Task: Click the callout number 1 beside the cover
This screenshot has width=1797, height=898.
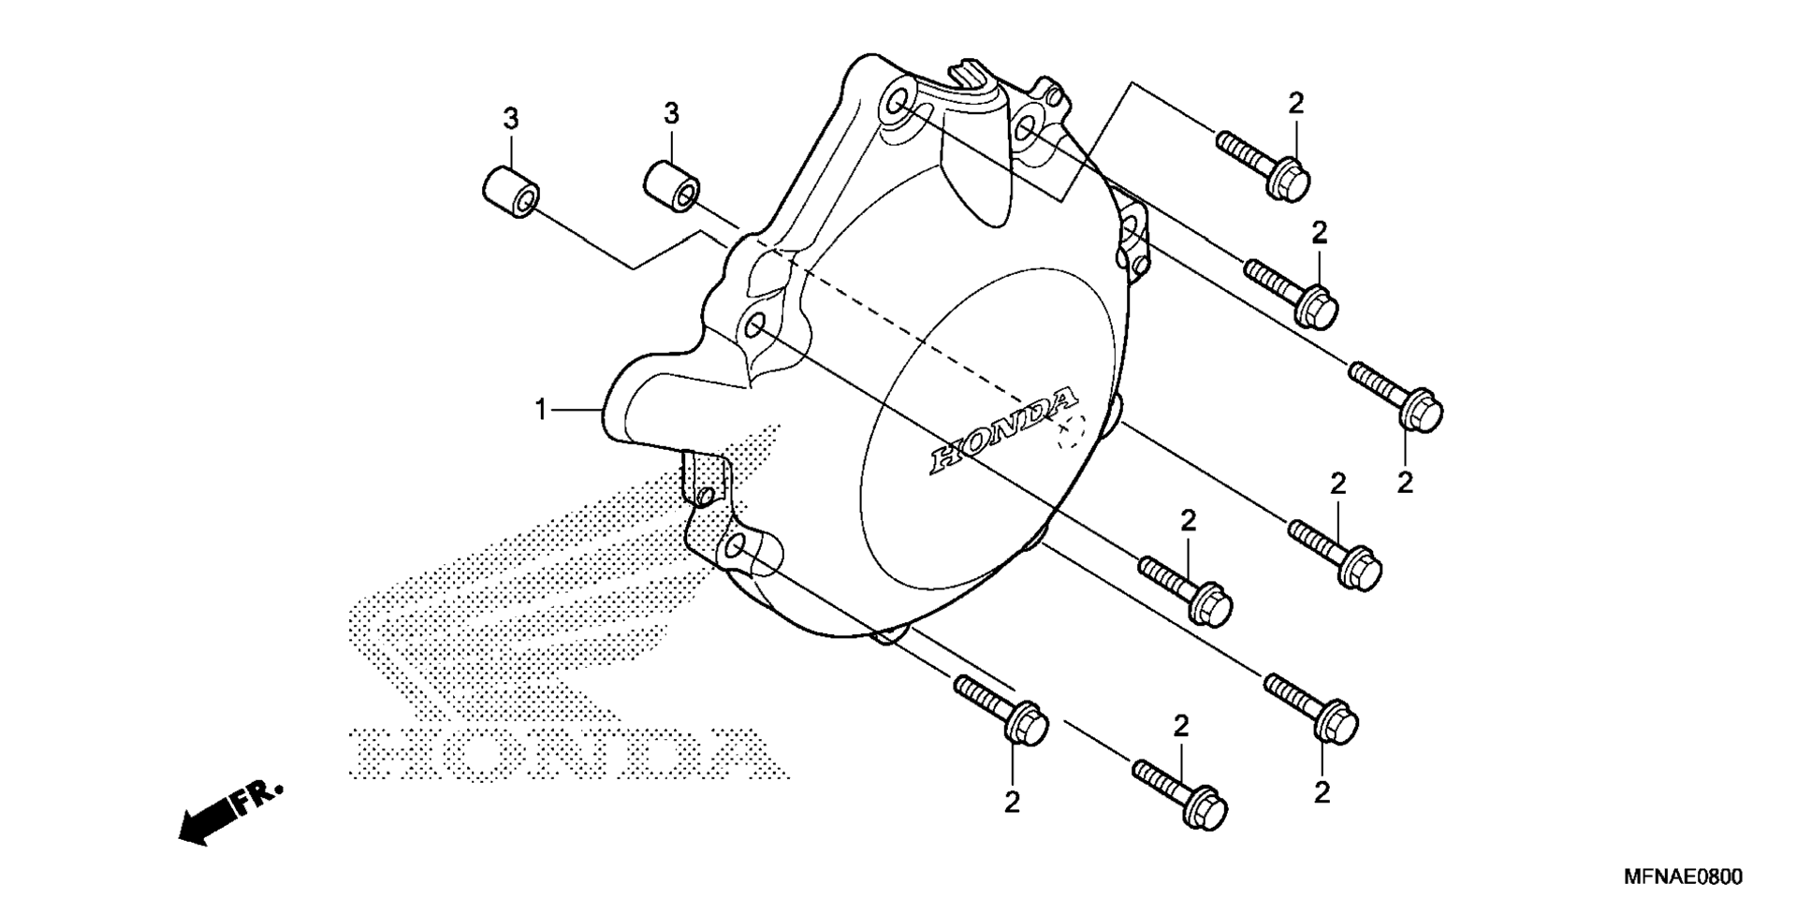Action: pos(540,410)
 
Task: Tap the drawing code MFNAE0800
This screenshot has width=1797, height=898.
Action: pos(1683,876)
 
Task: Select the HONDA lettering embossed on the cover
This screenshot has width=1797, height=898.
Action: pos(1002,429)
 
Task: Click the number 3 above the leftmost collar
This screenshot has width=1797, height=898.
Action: pos(511,120)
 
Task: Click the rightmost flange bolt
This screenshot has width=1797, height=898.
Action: pos(1395,397)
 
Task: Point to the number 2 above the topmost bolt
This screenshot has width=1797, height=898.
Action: pos(1295,103)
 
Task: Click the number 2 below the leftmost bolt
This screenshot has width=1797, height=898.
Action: pos(1011,803)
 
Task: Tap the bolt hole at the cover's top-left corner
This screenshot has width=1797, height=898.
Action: pos(897,101)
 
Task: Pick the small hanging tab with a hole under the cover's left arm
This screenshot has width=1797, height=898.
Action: pos(702,483)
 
